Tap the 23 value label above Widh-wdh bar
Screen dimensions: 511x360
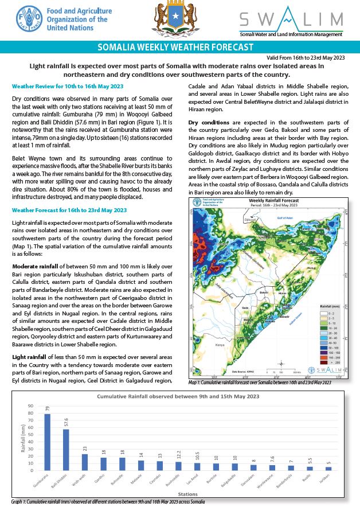[x=85, y=448]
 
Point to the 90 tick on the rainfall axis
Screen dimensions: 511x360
[x=30, y=407]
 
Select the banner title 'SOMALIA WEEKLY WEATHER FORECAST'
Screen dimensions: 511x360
[x=175, y=47]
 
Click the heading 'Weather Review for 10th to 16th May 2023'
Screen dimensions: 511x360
[x=68, y=86]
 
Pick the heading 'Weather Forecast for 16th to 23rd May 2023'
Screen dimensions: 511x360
[x=69, y=210]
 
